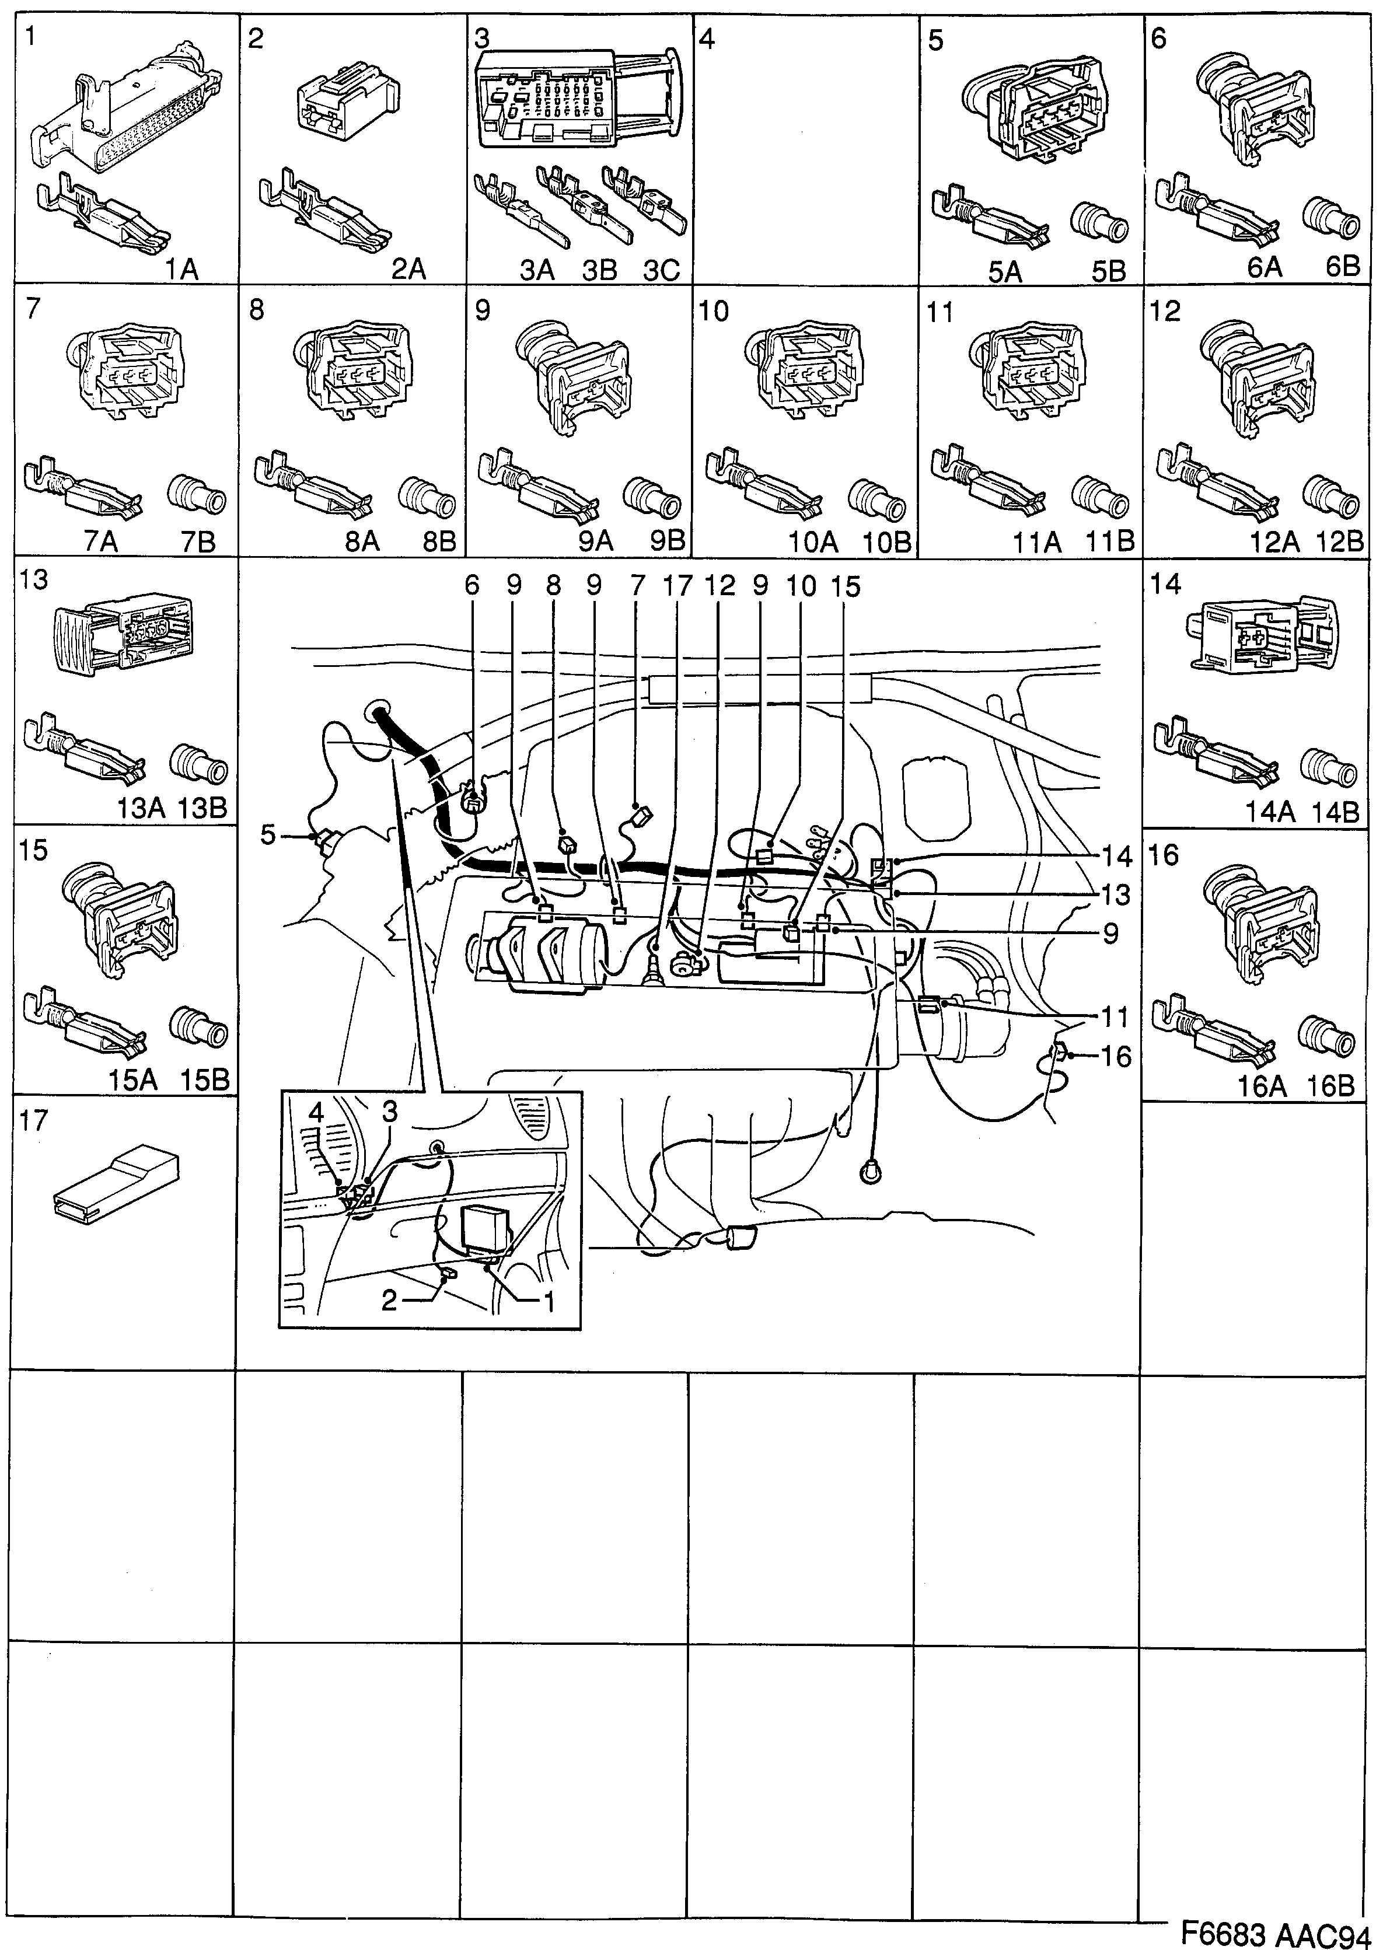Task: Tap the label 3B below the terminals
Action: coord(599,271)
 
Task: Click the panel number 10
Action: coord(714,312)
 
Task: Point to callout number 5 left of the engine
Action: coord(268,836)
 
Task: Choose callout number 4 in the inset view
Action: coord(316,1113)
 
